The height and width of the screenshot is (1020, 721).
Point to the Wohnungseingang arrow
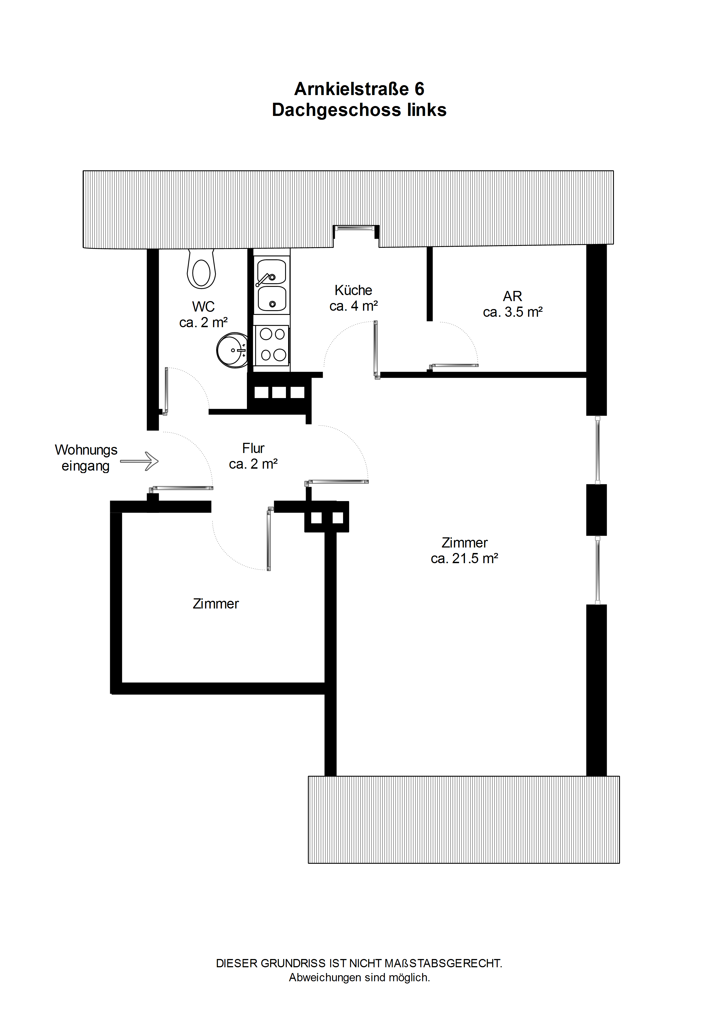tap(139, 461)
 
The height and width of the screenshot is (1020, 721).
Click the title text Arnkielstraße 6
tap(359, 89)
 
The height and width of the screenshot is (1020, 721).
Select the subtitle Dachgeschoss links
tap(359, 110)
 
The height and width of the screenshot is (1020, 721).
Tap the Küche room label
tap(353, 290)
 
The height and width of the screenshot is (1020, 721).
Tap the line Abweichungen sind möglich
tap(359, 977)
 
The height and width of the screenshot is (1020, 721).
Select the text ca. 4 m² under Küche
tap(353, 306)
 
